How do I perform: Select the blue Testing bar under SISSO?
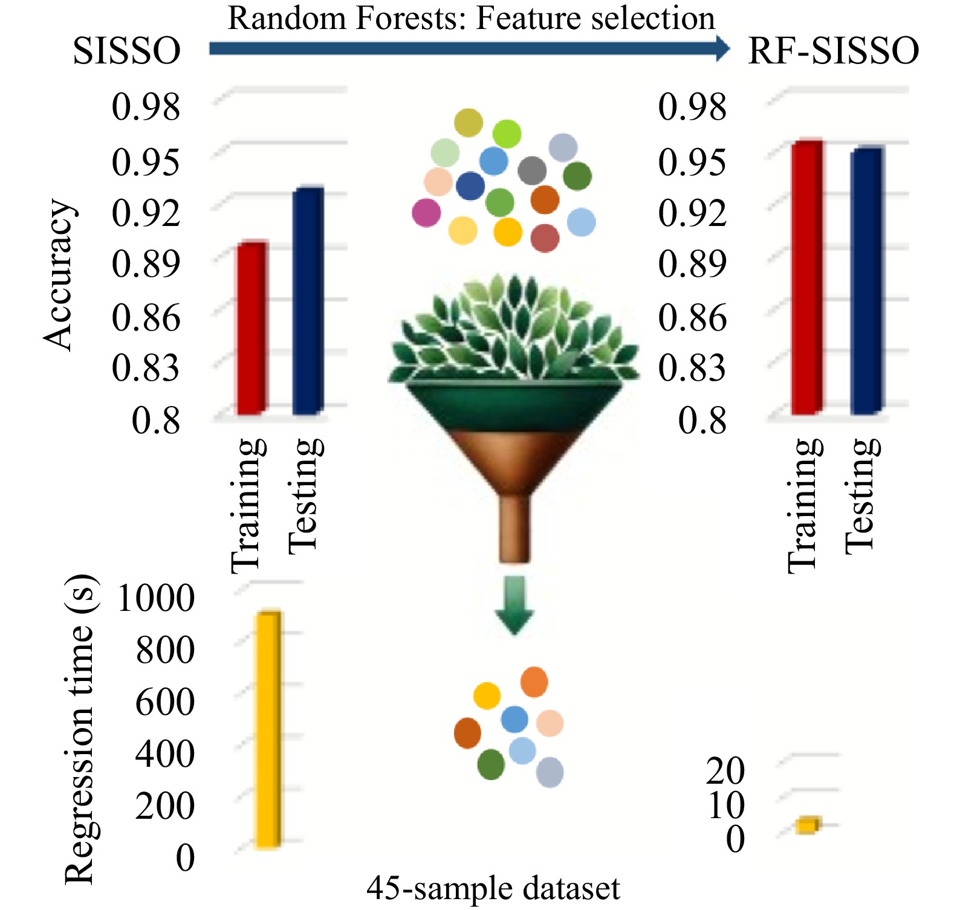coord(308,302)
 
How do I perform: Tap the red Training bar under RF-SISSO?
coord(806,278)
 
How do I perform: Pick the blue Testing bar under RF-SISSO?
coord(866,281)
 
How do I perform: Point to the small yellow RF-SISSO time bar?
coord(806,825)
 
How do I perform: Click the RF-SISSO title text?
coord(833,51)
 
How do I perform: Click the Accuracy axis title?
coord(59,275)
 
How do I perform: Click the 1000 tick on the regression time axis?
coord(155,598)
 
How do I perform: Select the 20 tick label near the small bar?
coord(725,771)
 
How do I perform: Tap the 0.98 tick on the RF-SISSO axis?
coord(692,107)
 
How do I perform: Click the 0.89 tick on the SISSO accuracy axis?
coord(146,264)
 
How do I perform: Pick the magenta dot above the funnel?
coord(426,213)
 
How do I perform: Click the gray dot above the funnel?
coord(532,170)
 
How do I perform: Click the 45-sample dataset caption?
coord(493,889)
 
